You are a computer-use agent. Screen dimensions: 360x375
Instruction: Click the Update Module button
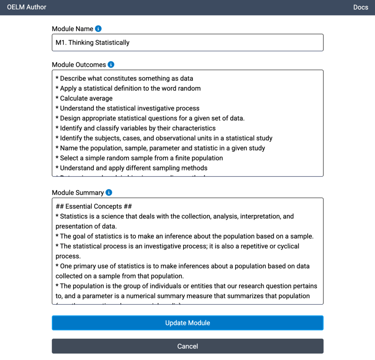click(187, 323)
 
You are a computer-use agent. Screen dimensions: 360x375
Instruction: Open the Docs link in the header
click(360, 7)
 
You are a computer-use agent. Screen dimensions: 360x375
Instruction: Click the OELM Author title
click(27, 7)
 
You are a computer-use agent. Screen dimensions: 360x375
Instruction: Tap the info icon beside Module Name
click(98, 29)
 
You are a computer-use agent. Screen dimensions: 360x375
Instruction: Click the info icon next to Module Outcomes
click(111, 64)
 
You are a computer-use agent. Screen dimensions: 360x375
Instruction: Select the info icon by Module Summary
click(109, 193)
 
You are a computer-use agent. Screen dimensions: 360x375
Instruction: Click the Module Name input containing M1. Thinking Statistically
click(187, 42)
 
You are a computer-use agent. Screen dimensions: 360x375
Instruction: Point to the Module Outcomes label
click(79, 65)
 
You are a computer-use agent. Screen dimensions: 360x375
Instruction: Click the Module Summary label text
click(78, 193)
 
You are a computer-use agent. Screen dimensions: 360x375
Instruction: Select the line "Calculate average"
click(86, 98)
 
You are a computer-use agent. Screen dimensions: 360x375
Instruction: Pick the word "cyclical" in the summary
click(285, 246)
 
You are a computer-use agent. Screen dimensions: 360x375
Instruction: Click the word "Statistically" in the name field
click(112, 43)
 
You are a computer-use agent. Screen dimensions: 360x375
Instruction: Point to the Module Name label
click(73, 29)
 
